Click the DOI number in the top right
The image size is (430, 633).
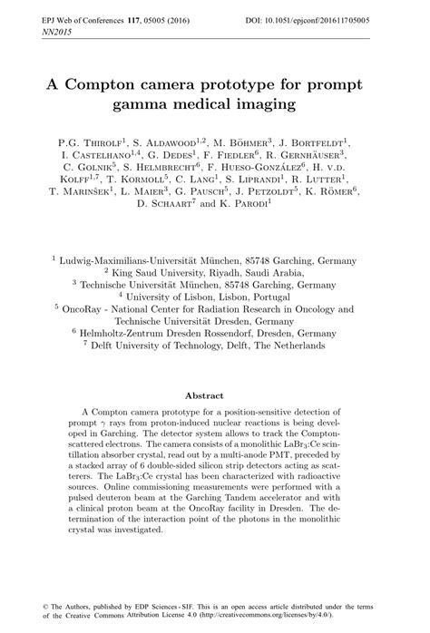coord(355,18)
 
